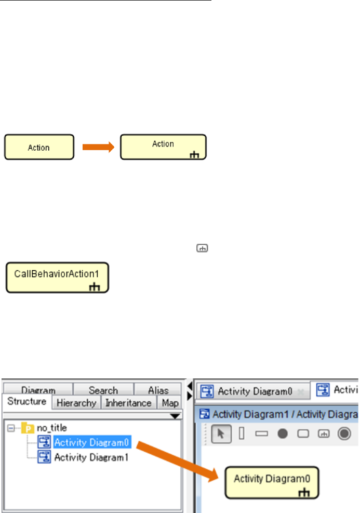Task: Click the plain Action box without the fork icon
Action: pyautogui.click(x=39, y=148)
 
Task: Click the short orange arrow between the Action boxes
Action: pyautogui.click(x=98, y=147)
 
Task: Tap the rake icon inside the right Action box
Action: pyautogui.click(x=195, y=154)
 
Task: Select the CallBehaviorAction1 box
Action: pyautogui.click(x=57, y=277)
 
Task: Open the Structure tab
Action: pyautogui.click(x=26, y=402)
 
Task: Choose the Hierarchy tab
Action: pyautogui.click(x=76, y=403)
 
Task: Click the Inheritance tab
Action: pyautogui.click(x=128, y=403)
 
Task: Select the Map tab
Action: pyautogui.click(x=170, y=403)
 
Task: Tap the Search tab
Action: pyautogui.click(x=103, y=390)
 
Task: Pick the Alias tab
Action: pyautogui.click(x=158, y=390)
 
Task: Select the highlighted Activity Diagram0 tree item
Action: pyautogui.click(x=91, y=443)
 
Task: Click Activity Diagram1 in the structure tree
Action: pyautogui.click(x=91, y=458)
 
